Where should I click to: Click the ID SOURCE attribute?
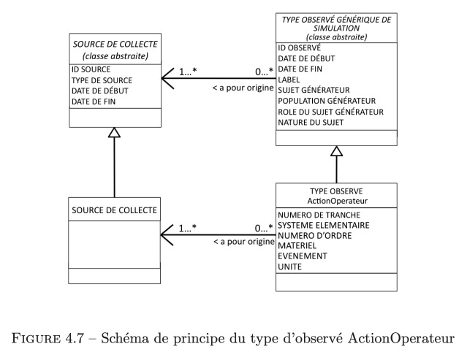91,69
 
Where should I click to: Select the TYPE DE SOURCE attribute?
102,80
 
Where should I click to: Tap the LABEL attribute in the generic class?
289,80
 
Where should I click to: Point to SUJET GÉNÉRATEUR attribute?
314,90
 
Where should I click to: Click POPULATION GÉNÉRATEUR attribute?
327,101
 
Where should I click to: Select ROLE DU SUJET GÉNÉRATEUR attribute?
330,112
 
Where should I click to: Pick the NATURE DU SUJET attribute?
311,122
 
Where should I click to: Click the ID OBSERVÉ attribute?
300,47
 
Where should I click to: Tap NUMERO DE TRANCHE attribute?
319,215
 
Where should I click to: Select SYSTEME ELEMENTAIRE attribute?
324,225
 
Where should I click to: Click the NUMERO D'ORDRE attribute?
314,236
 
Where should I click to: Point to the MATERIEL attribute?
297,246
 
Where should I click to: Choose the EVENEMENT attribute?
303,256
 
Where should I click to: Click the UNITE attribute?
289,267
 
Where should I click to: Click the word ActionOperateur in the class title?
338,201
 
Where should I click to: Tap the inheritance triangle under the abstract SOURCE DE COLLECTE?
114,133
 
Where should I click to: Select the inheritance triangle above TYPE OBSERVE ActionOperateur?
337,151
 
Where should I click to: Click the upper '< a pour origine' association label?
243,88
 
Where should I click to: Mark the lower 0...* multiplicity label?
264,229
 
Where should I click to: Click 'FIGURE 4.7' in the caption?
48,339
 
